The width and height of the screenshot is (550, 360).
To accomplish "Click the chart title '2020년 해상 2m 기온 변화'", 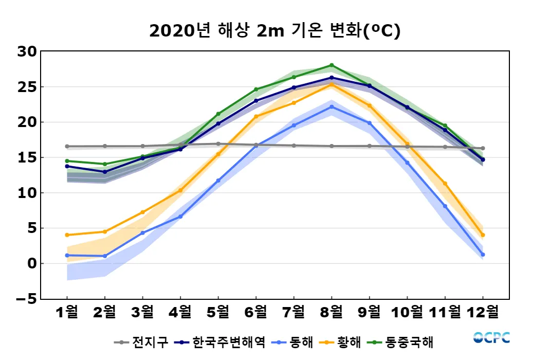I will (x=274, y=31).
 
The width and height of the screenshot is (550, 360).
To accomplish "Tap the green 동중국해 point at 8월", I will (x=332, y=65).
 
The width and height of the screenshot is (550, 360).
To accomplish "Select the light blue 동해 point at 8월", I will (x=332, y=107).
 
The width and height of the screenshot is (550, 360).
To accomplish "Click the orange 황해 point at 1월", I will (x=67, y=235).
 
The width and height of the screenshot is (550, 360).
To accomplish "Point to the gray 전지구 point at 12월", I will (x=483, y=148).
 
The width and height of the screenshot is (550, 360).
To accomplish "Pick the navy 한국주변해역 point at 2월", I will (x=105, y=172).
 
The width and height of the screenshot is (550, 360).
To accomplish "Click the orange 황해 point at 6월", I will (x=256, y=116).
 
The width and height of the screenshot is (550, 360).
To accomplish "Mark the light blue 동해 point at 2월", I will (x=105, y=256).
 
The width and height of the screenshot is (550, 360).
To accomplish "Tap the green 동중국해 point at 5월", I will (x=218, y=114).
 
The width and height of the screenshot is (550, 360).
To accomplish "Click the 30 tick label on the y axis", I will (x=26, y=51).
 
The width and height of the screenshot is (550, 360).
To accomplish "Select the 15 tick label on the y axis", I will (x=26, y=157).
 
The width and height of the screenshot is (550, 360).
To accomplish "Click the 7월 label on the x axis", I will (x=294, y=312).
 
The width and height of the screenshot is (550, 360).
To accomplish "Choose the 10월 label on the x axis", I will (x=407, y=312).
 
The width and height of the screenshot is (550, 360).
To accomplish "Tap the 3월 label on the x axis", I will (x=142, y=312).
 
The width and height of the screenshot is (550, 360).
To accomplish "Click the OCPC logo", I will (x=491, y=338).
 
